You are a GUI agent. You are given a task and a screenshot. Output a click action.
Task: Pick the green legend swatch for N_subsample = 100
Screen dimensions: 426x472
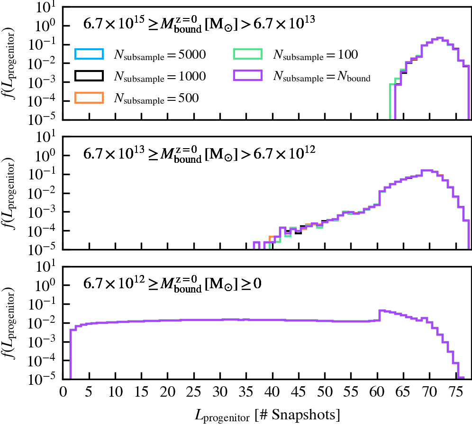[x=248, y=54]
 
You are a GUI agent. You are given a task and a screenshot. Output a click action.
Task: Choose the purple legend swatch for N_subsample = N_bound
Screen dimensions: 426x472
[x=248, y=76]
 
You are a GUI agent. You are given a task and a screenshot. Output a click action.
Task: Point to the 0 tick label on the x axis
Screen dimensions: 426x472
[x=63, y=391]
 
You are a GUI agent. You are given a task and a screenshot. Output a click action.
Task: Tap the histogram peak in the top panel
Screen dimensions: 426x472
[x=440, y=38]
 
